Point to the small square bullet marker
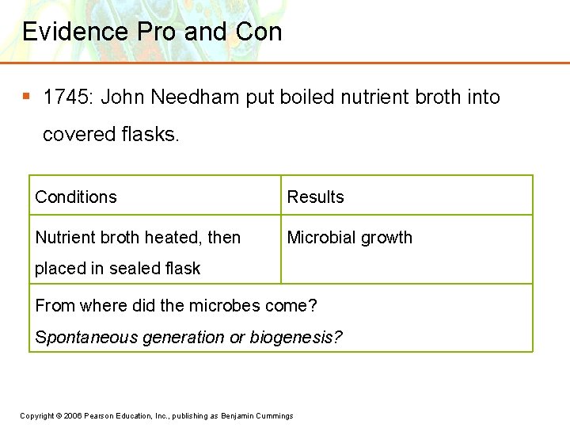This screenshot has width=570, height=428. pyautogui.click(x=26, y=97)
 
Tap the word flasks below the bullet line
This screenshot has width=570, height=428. pyautogui.click(x=150, y=135)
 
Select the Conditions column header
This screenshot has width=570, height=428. pyautogui.click(x=76, y=197)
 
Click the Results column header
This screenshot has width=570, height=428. pyautogui.click(x=315, y=197)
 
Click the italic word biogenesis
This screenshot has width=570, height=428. pyautogui.click(x=295, y=338)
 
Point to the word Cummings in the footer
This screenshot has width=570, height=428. pyautogui.click(x=274, y=416)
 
